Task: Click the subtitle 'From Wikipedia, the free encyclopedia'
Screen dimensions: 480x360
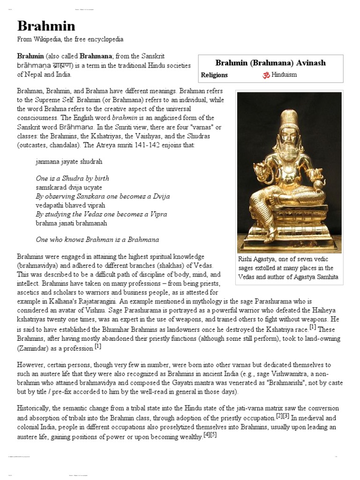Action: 70,39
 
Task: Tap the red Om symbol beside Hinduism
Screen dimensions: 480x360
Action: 266,75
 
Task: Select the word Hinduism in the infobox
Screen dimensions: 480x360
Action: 284,75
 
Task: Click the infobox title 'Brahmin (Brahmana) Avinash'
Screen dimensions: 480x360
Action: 270,63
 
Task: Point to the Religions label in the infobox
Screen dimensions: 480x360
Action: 214,75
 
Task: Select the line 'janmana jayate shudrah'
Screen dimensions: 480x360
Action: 69,161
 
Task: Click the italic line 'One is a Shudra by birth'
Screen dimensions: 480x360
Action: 72,179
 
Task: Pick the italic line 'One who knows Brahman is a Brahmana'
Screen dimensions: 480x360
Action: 97,240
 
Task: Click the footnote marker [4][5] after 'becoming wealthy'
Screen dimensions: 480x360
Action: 210,435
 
